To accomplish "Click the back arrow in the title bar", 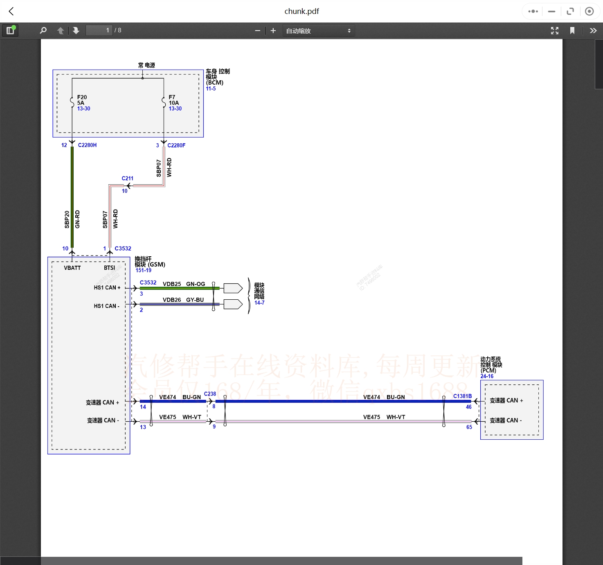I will pos(11,11).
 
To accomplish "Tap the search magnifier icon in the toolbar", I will pos(43,30).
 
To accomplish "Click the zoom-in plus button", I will pos(273,31).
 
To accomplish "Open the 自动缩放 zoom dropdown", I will pos(318,31).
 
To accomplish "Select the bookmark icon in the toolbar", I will pos(572,31).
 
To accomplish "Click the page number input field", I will pos(99,30).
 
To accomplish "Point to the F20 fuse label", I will pos(82,97).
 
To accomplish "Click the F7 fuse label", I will pos(172,97).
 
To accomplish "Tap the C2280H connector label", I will pos(87,145).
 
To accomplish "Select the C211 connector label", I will pos(127,178).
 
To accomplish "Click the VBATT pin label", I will pos(72,268).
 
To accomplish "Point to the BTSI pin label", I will pos(109,268).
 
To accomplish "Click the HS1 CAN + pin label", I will pos(107,287).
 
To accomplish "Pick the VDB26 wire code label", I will pos(171,300).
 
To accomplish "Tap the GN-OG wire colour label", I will pos(196,284).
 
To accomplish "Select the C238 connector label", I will pos(210,394).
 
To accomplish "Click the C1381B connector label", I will pos(462,396).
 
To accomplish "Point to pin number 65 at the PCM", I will pos(469,427).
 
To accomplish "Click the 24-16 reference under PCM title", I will pos(487,376).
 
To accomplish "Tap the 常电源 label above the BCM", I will pos(146,65).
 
